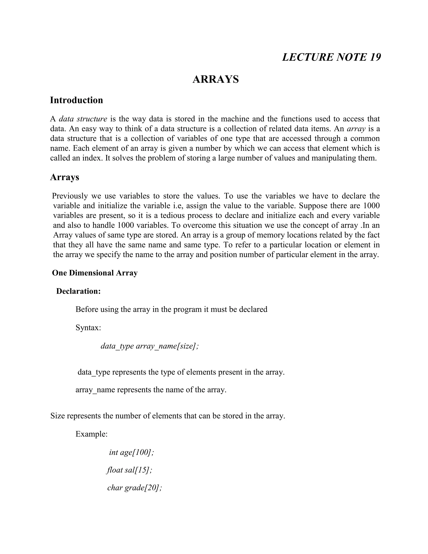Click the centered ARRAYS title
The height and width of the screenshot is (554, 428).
click(x=215, y=79)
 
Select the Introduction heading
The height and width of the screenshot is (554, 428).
click(x=76, y=100)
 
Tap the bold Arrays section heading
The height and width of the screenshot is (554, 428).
click(x=64, y=177)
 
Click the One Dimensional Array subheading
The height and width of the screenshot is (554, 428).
click(x=95, y=273)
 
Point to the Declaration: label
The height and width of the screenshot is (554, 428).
click(x=78, y=291)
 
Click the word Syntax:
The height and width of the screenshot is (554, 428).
click(x=88, y=328)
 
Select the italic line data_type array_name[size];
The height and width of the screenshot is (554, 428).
click(x=150, y=346)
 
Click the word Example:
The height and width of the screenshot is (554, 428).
click(x=92, y=434)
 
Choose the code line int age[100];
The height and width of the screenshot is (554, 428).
click(x=131, y=452)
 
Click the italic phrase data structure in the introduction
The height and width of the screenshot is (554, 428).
click(x=83, y=119)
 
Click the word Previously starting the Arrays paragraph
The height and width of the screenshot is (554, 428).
click(x=70, y=196)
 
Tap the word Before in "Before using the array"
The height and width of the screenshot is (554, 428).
click(x=87, y=309)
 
